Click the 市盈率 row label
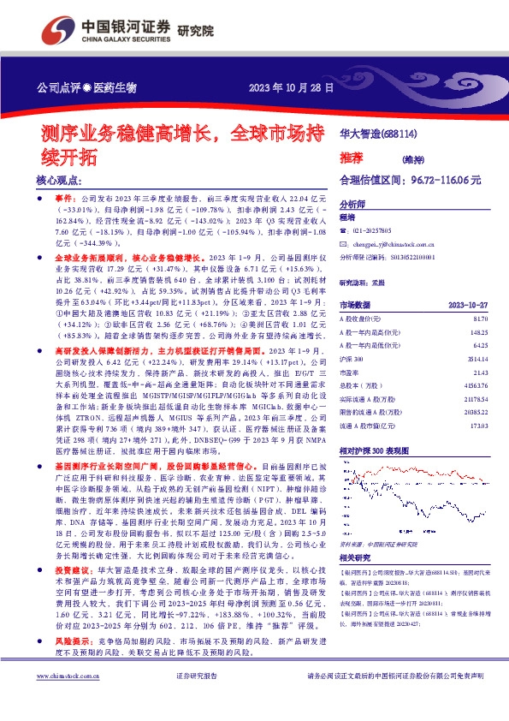coord(350,375)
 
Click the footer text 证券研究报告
coord(197,701)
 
